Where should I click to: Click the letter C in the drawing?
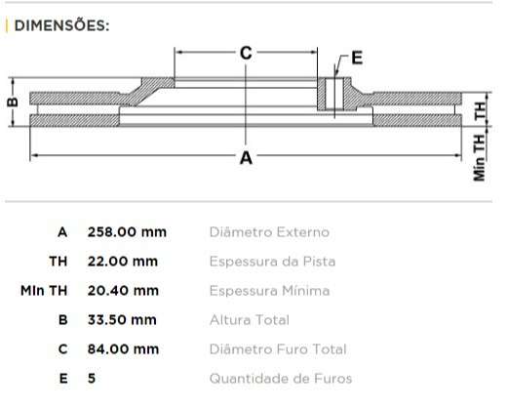pos(246,53)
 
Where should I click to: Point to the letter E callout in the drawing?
pos(356,58)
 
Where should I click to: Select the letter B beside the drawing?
pos(12,102)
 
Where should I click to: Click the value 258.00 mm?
pos(127,232)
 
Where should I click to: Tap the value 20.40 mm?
pos(123,291)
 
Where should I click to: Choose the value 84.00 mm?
pos(123,349)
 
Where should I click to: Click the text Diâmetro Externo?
pos(269,232)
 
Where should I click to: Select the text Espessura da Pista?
pos(273,262)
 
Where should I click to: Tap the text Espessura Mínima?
pos(269,291)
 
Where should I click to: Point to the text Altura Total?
pos(249,320)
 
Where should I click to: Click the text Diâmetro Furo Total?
pos(278,349)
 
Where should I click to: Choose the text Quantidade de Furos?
pos(281,379)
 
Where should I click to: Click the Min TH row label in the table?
pos(44,291)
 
